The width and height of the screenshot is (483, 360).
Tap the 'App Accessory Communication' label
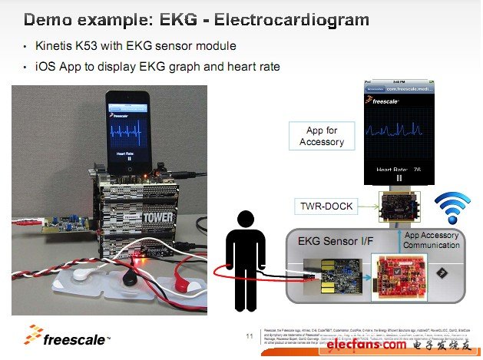pyautogui.click(x=432, y=240)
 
